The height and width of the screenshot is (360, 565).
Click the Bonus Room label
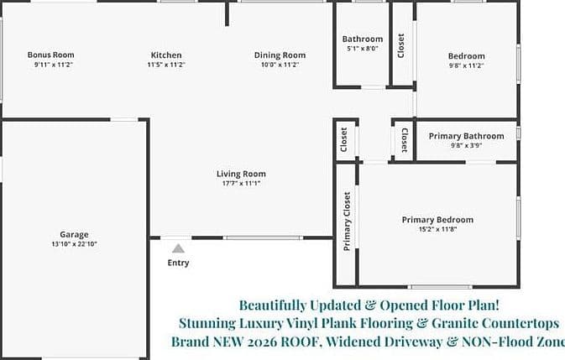tap(51, 55)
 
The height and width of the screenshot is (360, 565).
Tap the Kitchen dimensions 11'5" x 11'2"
tap(166, 65)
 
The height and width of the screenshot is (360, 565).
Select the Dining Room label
tap(280, 55)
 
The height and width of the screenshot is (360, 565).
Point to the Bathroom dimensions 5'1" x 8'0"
tap(363, 49)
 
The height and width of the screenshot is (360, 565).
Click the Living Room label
tap(241, 174)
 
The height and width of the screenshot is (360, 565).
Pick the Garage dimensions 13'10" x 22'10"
tap(74, 244)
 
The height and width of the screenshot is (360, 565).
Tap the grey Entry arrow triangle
tap(178, 248)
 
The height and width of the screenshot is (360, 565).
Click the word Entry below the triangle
tap(178, 263)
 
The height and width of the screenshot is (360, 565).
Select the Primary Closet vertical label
tap(347, 221)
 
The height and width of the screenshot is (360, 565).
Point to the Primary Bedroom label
tap(437, 220)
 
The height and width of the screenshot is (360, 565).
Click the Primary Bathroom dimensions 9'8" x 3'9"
tap(466, 146)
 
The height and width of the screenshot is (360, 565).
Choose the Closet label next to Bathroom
tap(400, 45)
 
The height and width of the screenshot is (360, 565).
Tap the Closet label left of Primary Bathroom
tap(405, 140)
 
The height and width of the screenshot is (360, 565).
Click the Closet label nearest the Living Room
tap(343, 139)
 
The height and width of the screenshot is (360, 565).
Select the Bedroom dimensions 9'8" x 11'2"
tap(466, 65)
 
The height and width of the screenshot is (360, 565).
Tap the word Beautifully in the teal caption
tap(272, 305)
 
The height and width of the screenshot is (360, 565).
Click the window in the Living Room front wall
tap(263, 237)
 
